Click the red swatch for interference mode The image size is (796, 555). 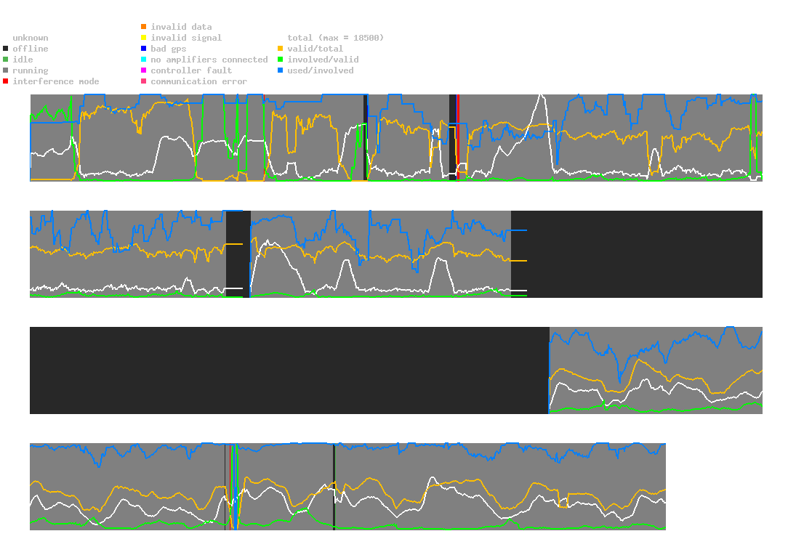click(x=6, y=81)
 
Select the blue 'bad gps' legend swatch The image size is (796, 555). click(x=144, y=49)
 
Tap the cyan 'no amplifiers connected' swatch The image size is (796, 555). click(x=144, y=60)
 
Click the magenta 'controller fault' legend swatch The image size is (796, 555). click(x=144, y=70)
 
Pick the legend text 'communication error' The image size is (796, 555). click(x=198, y=81)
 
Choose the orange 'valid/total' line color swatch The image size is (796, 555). click(x=281, y=49)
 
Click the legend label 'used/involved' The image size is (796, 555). click(x=320, y=70)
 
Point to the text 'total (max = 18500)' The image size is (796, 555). click(x=335, y=38)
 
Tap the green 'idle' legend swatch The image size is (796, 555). click(x=6, y=60)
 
